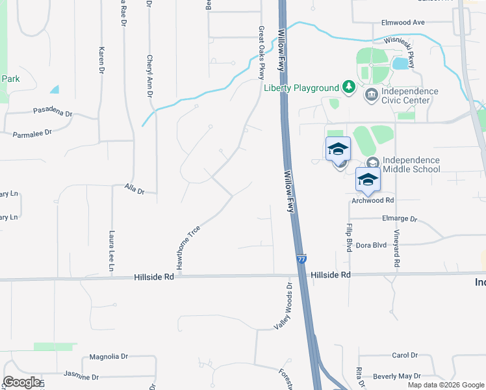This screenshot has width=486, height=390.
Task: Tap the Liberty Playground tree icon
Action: (349, 87)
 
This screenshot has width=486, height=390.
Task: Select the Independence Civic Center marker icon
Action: (371, 96)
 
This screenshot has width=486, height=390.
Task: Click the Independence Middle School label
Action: (411, 164)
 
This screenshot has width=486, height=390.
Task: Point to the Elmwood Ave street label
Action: (403, 22)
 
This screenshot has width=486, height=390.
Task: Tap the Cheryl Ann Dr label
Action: (149, 77)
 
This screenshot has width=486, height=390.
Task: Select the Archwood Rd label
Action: (373, 200)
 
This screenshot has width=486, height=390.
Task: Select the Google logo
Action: (21, 382)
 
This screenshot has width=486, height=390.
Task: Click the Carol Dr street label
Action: (404, 355)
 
